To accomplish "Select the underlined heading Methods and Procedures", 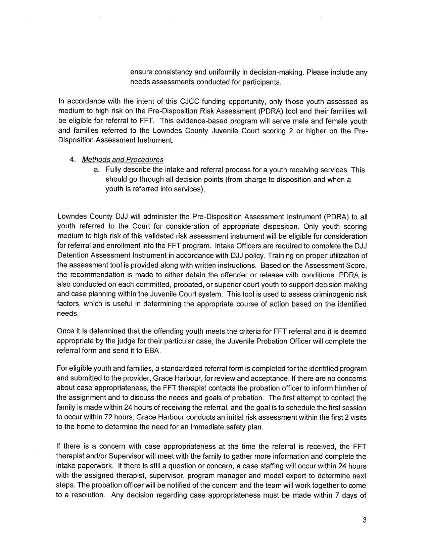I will pos(123,159).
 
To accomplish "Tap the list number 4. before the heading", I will pos(72,159).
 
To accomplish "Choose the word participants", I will pos(264,82).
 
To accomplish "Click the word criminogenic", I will pos(336,294).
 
